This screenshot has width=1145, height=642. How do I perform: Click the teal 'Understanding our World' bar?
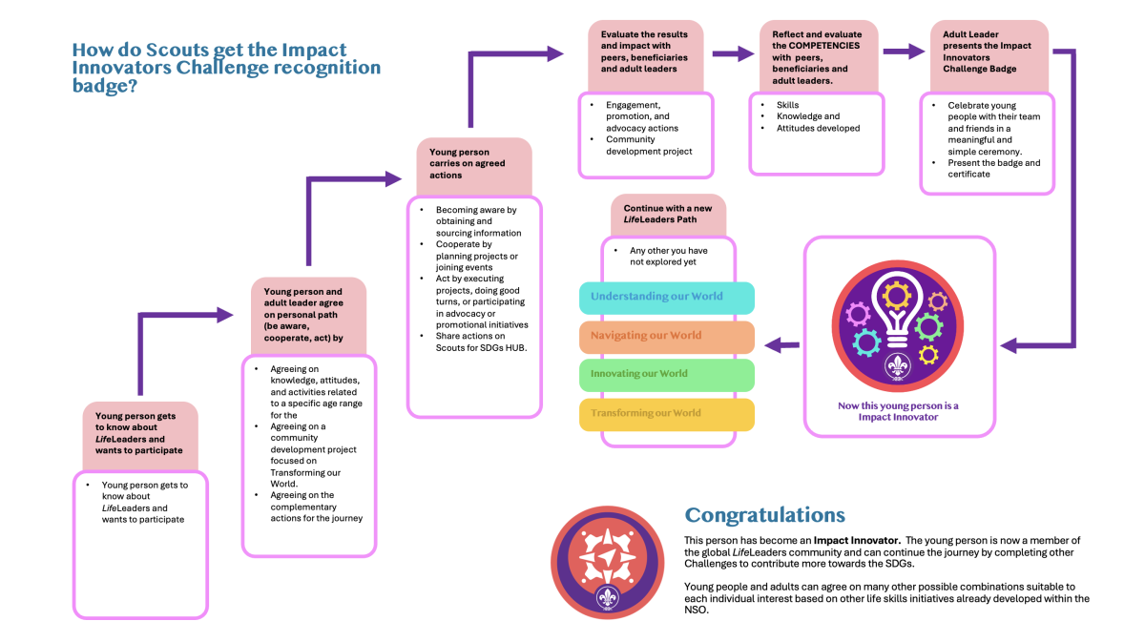click(x=667, y=297)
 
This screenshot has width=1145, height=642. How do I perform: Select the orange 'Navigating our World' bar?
click(x=667, y=336)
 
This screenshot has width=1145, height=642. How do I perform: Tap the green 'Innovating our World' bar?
click(x=667, y=374)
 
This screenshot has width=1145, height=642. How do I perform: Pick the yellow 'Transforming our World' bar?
click(x=667, y=413)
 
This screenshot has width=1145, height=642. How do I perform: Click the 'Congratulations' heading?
click(x=765, y=515)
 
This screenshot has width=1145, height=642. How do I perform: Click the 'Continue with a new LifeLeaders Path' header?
click(x=668, y=214)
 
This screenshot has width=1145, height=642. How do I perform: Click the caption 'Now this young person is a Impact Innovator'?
click(x=898, y=411)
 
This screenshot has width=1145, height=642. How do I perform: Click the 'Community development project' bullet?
click(x=648, y=145)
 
